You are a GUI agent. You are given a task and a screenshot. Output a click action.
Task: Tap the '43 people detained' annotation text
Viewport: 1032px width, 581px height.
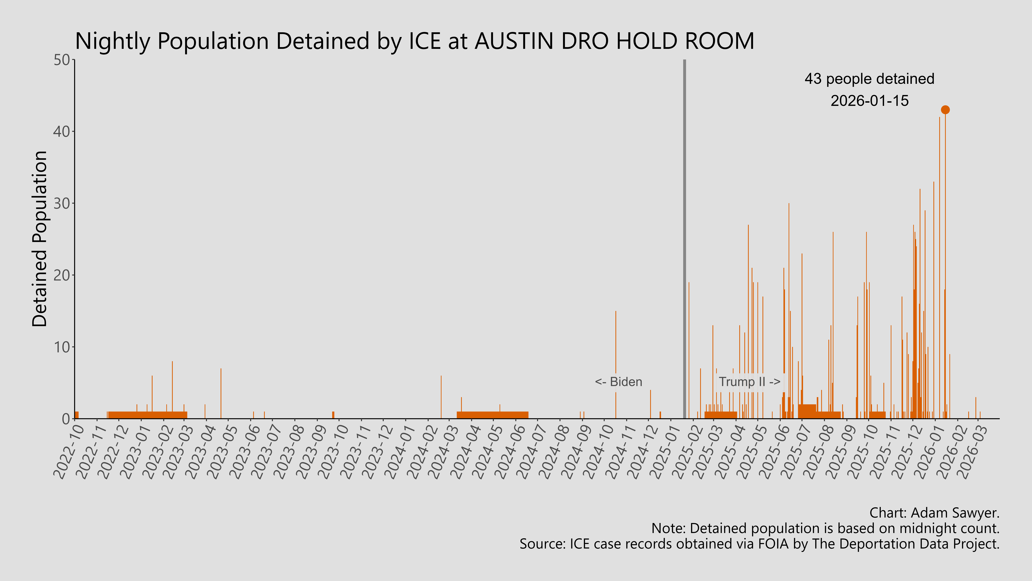point(869,79)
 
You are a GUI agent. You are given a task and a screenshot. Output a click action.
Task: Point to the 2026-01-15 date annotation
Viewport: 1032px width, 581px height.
point(869,101)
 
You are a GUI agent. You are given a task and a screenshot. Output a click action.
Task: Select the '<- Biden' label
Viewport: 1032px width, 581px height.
point(618,382)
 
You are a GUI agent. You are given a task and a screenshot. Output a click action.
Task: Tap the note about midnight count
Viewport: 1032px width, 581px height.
point(825,528)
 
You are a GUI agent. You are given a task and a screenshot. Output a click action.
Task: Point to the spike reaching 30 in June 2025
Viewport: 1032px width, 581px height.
point(789,281)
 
